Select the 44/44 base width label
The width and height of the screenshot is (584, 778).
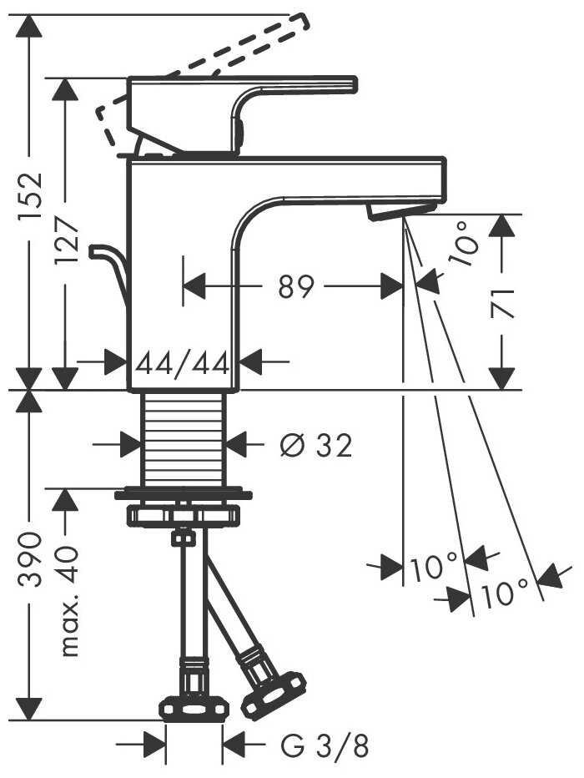(x=184, y=363)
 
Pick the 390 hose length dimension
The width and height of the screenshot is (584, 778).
(x=30, y=559)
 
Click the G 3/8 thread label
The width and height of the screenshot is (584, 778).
(x=325, y=743)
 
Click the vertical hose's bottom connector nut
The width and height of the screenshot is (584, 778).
(x=194, y=708)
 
